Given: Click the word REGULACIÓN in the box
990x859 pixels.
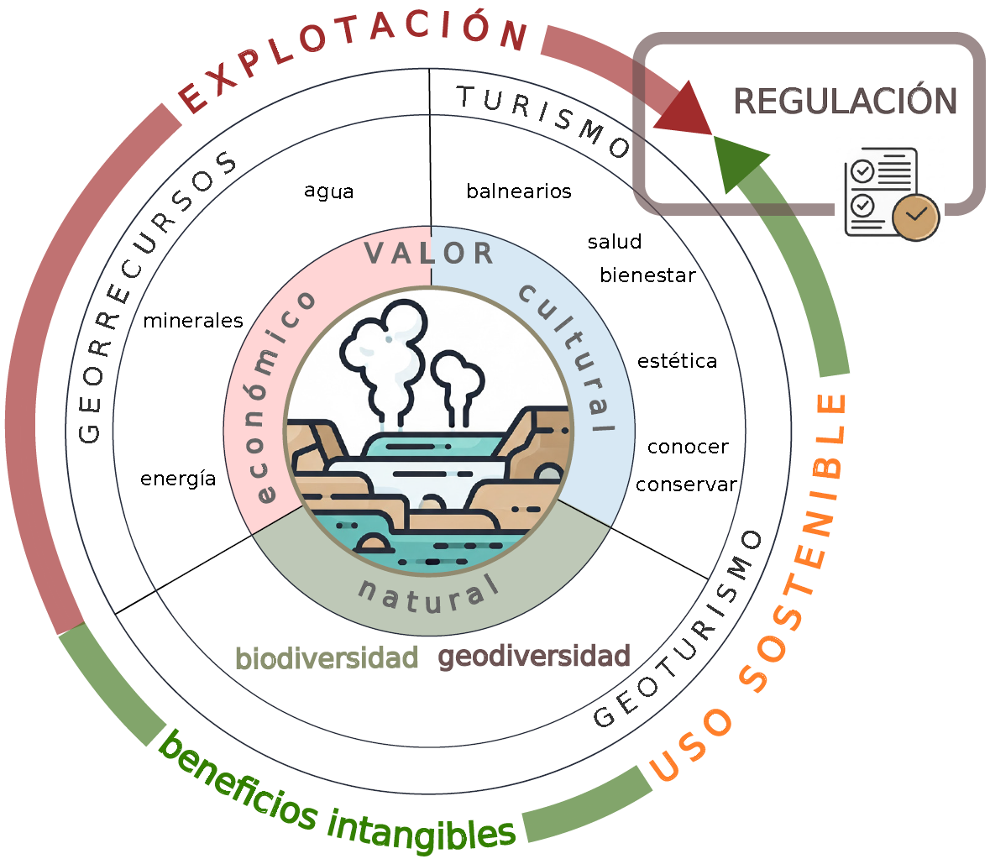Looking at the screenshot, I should (845, 102).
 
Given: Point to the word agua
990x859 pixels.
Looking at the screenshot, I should (328, 191).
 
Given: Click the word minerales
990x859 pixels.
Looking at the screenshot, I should (192, 321).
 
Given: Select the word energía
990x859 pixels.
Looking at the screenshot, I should (178, 479).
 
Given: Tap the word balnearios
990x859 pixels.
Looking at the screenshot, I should (518, 191).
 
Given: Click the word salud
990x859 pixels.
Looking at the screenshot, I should (615, 242).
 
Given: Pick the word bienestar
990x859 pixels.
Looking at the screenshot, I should (647, 275).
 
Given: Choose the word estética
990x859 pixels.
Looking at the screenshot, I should (677, 361).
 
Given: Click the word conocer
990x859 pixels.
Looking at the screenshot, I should (688, 447).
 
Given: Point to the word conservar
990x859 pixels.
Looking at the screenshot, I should (686, 484).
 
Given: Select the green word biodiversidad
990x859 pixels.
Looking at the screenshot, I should (327, 658).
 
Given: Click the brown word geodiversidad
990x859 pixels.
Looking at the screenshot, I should (534, 656).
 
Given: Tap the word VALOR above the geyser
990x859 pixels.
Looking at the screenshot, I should (429, 253).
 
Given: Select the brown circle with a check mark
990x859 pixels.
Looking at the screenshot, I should (915, 217).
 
